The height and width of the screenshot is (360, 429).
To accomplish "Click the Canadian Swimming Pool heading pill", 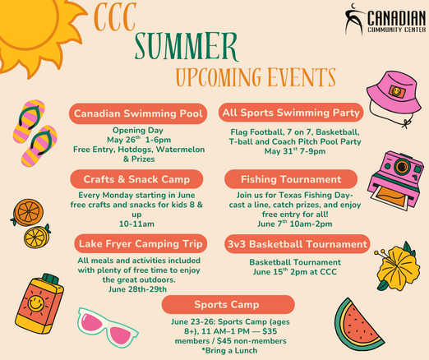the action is pyautogui.click(x=138, y=113).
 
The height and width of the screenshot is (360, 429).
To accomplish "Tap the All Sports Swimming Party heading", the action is pyautogui.click(x=291, y=113).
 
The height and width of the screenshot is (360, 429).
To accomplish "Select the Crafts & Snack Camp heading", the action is pyautogui.click(x=136, y=179).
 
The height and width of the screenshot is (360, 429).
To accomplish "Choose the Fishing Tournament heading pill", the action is pyautogui.click(x=291, y=179).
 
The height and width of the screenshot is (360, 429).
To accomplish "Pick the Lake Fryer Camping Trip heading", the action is pyautogui.click(x=141, y=243).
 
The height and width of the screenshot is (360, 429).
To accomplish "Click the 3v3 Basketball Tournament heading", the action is pyautogui.click(x=298, y=244).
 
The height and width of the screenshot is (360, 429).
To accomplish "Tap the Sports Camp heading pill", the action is pyautogui.click(x=228, y=304).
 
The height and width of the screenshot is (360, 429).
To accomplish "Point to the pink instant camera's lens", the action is pyautogui.click(x=402, y=165).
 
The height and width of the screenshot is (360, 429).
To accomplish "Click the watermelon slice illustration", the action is pyautogui.click(x=357, y=326).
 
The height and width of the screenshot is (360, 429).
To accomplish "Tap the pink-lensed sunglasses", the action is pyautogui.click(x=108, y=327).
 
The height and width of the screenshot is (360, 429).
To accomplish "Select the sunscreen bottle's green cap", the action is pyautogui.click(x=51, y=279).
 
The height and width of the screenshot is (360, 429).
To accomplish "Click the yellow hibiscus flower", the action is pyautogui.click(x=398, y=266).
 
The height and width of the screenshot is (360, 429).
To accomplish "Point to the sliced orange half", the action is pyautogui.click(x=28, y=212).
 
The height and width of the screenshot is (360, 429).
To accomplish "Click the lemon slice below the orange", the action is pyautogui.click(x=37, y=237).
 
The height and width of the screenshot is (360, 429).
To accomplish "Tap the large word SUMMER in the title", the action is pyautogui.click(x=187, y=46).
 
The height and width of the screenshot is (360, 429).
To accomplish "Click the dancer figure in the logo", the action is pyautogui.click(x=354, y=19).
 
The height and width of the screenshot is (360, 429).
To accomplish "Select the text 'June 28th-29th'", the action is pyautogui.click(x=137, y=289).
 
